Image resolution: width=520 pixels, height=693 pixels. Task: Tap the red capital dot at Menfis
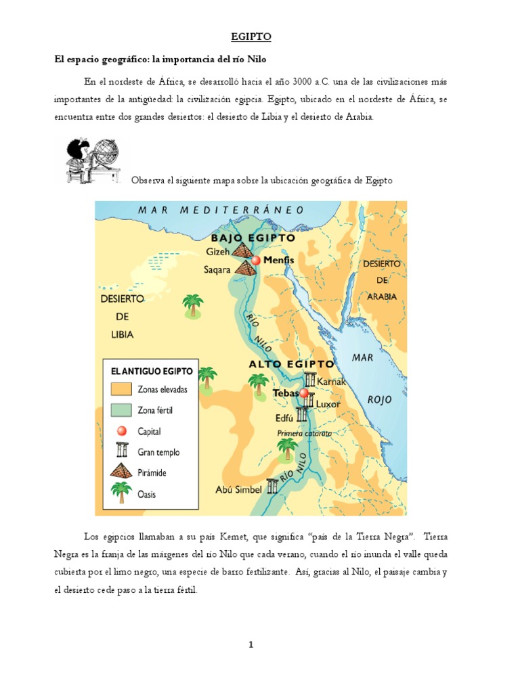coord(256,261)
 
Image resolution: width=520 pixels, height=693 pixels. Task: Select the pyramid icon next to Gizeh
coord(241,250)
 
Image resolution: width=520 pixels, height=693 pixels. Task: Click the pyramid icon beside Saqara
coord(245,269)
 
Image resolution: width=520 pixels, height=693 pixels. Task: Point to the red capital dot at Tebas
coord(304,393)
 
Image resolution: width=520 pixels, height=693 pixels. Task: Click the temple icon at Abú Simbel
coord(272,487)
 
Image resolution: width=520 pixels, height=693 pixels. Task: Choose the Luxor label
coord(328,404)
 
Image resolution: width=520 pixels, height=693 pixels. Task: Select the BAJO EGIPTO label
coord(253,238)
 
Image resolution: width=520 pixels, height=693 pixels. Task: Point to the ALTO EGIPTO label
coord(291,364)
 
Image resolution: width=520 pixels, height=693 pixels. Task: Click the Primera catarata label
coord(304,433)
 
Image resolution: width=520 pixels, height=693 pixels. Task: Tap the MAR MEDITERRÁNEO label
coord(221,210)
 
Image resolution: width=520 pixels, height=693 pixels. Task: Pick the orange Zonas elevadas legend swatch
coord(122,389)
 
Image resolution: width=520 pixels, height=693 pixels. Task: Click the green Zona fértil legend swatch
coord(122,409)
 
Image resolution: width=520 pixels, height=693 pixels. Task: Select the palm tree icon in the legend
coord(122,492)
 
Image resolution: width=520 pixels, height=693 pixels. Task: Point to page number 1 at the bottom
coord(251,644)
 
